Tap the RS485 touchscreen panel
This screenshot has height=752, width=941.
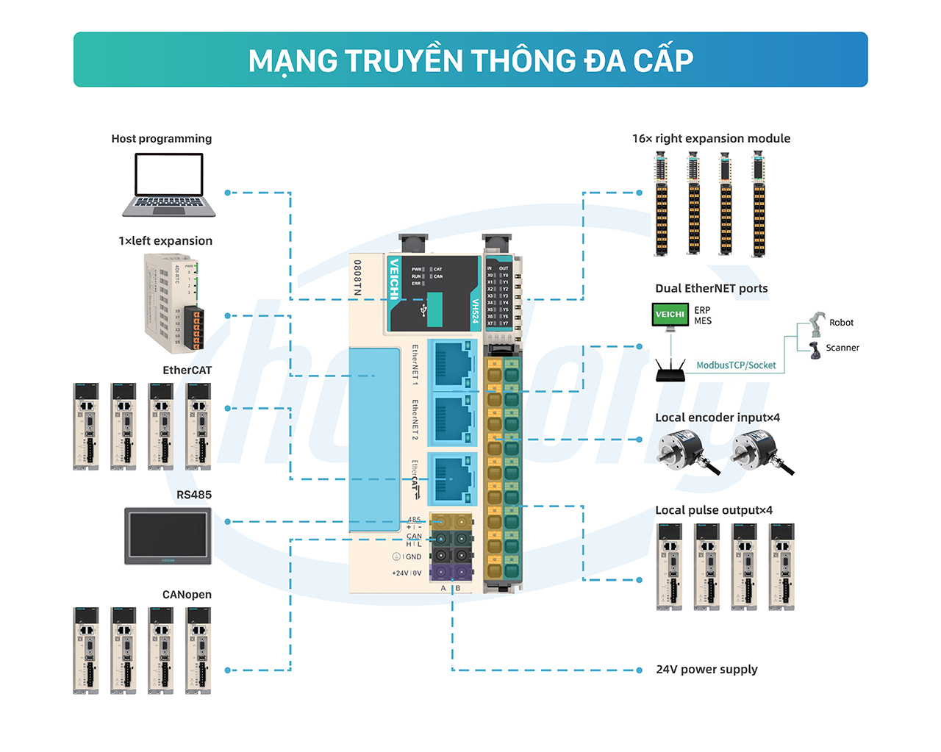[x=168, y=535]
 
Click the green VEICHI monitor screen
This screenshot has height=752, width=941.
[x=669, y=314]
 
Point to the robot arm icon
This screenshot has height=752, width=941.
[x=817, y=323]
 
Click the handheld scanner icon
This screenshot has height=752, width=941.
[x=815, y=349]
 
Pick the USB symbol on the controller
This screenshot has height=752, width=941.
[x=424, y=310]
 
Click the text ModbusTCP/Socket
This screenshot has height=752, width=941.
[x=736, y=365]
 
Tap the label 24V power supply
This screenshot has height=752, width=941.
[x=706, y=670]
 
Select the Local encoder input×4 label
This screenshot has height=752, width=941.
[x=718, y=418]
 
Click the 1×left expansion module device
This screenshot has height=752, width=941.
[x=173, y=303]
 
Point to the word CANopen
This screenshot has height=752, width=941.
[x=187, y=595]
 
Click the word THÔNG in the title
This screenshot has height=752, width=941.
[x=523, y=61]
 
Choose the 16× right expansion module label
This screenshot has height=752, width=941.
[x=711, y=138]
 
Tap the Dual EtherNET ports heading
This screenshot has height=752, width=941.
[x=711, y=288]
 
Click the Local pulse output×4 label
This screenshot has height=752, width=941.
[x=714, y=510]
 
